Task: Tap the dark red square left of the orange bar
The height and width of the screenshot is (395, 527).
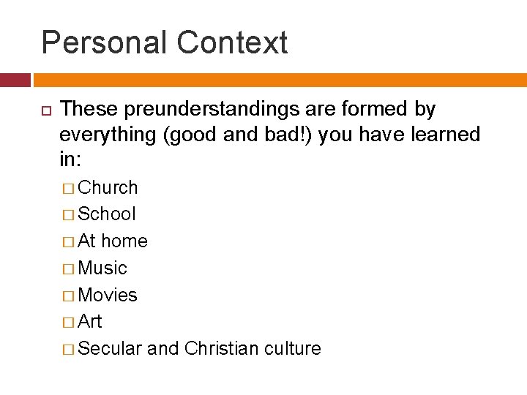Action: click(x=15, y=80)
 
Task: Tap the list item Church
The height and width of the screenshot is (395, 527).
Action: click(x=108, y=188)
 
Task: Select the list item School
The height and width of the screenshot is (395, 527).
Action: click(x=107, y=214)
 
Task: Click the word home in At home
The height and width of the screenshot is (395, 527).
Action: click(x=124, y=241)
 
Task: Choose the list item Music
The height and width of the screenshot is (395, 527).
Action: click(x=102, y=268)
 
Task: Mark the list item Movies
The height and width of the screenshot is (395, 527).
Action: click(x=108, y=296)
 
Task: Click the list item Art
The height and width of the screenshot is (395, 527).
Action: click(x=90, y=322)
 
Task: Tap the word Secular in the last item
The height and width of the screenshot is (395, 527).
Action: click(x=110, y=349)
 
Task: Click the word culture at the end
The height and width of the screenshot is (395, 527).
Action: click(x=293, y=349)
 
